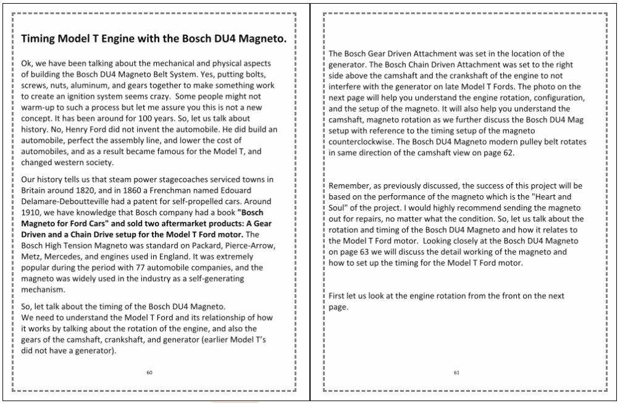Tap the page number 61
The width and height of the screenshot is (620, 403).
456,372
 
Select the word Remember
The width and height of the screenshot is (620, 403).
351,186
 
